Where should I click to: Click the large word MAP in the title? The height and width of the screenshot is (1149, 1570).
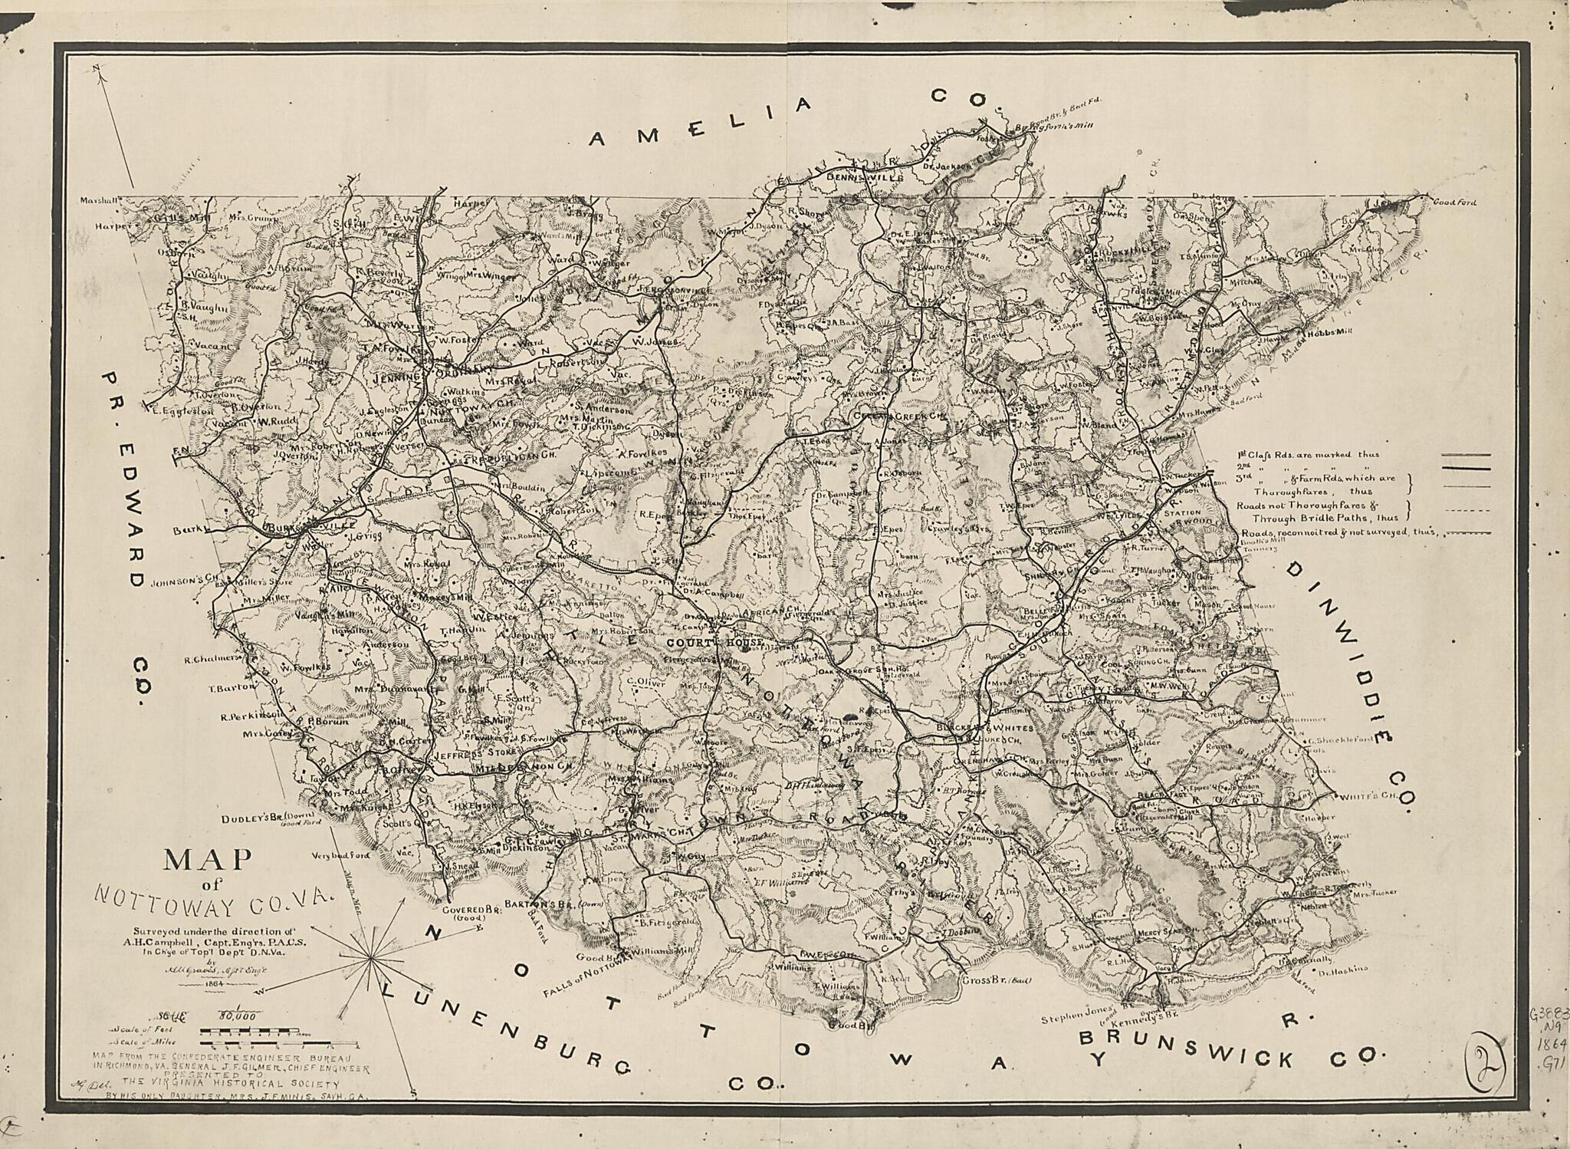click(208, 859)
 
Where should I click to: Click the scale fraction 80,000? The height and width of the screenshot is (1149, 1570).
click(238, 1017)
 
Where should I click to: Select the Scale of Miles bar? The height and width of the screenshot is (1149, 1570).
click(264, 1044)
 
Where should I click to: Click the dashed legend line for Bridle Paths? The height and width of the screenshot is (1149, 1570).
click(1467, 510)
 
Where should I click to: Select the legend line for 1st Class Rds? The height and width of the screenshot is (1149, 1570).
click(1467, 456)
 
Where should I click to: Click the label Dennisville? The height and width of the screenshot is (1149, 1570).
click(856, 177)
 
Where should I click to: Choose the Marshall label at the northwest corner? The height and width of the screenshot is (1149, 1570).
click(100, 201)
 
